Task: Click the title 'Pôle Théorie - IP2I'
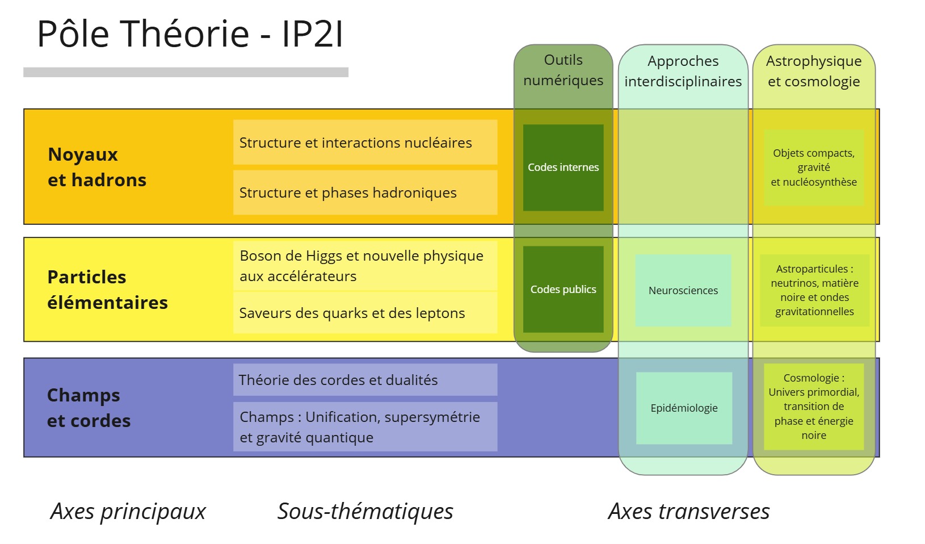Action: point(190,34)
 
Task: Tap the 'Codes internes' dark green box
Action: point(564,168)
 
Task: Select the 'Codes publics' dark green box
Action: point(564,289)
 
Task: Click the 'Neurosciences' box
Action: point(683,290)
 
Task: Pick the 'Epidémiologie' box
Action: point(684,408)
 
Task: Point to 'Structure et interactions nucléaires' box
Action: point(365,142)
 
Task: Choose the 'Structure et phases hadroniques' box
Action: point(365,193)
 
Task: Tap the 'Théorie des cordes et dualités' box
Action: point(365,379)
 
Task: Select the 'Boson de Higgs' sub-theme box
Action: point(365,266)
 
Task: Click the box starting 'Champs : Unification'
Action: point(365,426)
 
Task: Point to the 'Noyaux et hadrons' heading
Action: point(97,167)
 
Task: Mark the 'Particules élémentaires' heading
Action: point(107,290)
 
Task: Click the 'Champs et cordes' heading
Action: point(89,408)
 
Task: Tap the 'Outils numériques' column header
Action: point(564,70)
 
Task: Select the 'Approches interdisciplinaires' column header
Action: point(683,71)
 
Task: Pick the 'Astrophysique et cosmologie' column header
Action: point(814,71)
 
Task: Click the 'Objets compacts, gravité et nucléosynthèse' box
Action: point(814,168)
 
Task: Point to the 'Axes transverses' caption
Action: point(689,512)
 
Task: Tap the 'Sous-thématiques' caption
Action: point(365,512)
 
